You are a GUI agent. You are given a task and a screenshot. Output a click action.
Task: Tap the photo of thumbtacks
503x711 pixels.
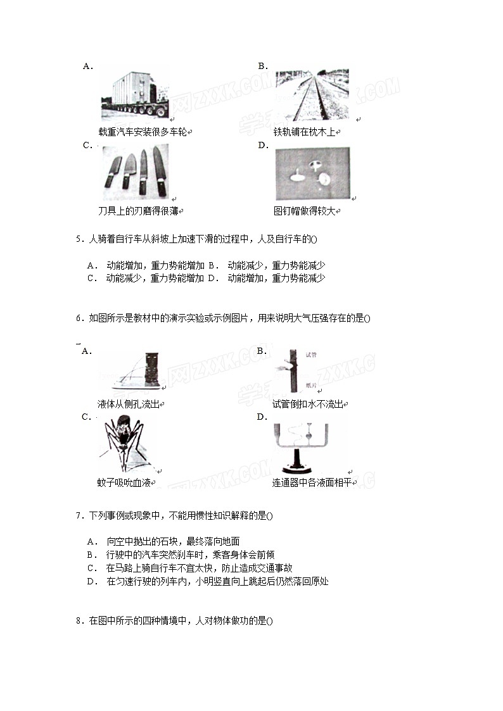tap(312, 173)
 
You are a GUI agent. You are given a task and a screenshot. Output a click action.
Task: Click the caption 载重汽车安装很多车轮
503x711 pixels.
tap(143, 132)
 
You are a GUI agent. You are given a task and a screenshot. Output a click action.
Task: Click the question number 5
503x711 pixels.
tap(79, 239)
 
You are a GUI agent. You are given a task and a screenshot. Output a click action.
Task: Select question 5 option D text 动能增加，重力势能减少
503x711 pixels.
tap(276, 278)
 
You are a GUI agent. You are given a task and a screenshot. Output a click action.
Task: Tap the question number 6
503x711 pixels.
tap(79, 318)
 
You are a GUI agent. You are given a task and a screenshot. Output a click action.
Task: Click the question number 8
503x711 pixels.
tap(79, 621)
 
